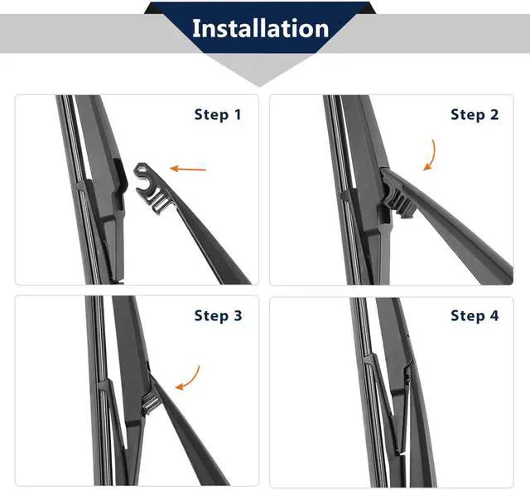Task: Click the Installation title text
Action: coord(260,28)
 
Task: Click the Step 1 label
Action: coord(218,115)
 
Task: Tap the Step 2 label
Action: coord(475,115)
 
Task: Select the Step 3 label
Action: coord(218,316)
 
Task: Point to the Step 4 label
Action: coord(475,316)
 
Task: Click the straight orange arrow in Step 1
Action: coord(188,168)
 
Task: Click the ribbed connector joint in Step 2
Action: coord(401,201)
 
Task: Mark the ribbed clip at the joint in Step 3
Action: coord(150,401)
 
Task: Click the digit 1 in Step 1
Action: coord(238,115)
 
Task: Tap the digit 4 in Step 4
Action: coord(494,316)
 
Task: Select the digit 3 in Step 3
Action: coord(238,316)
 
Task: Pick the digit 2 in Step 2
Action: coord(494,115)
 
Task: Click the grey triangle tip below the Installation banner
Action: coord(259,86)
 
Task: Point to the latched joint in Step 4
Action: coord(407,375)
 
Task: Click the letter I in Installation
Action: coord(195,28)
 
